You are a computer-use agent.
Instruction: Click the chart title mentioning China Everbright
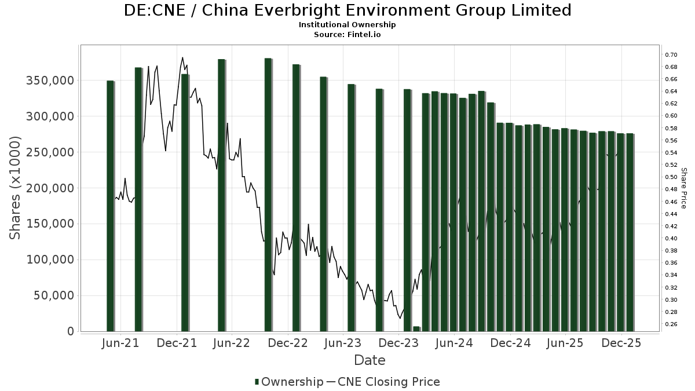point(348,10)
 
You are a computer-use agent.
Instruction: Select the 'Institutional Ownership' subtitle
point(347,25)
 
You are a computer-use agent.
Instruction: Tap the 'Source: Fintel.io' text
point(347,34)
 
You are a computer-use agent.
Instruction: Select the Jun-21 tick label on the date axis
point(120,343)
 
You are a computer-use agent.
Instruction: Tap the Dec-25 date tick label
point(621,343)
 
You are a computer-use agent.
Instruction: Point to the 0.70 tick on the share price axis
point(671,54)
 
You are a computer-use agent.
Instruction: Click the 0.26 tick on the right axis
point(671,324)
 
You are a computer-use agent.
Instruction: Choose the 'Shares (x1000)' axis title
point(16,188)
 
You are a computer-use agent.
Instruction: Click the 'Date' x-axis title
point(370,360)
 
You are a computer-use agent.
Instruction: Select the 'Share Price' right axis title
point(684,188)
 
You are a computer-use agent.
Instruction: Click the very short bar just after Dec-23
point(416,329)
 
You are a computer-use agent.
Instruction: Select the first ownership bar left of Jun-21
point(110,206)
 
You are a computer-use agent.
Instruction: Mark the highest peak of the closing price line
point(182,57)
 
